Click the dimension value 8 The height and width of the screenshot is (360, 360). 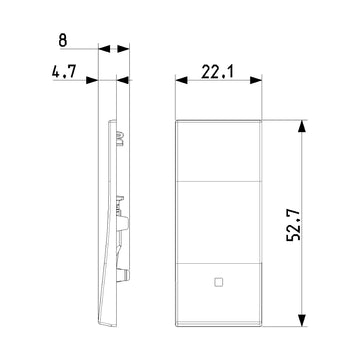coord(63,40)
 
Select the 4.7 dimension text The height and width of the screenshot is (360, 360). coord(64,71)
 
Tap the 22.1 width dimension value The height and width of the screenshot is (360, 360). coord(218,72)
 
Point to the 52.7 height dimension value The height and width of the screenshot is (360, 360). coord(294,225)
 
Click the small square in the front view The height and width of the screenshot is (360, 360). coord(218,282)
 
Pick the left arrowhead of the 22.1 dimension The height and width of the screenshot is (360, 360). coord(181,80)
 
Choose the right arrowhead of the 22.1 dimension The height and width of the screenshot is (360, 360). coord(256,80)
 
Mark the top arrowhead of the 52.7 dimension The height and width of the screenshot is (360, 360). coord(302,126)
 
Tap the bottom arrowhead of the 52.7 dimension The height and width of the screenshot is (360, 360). coord(302,320)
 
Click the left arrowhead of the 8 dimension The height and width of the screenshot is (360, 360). coord(104,49)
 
